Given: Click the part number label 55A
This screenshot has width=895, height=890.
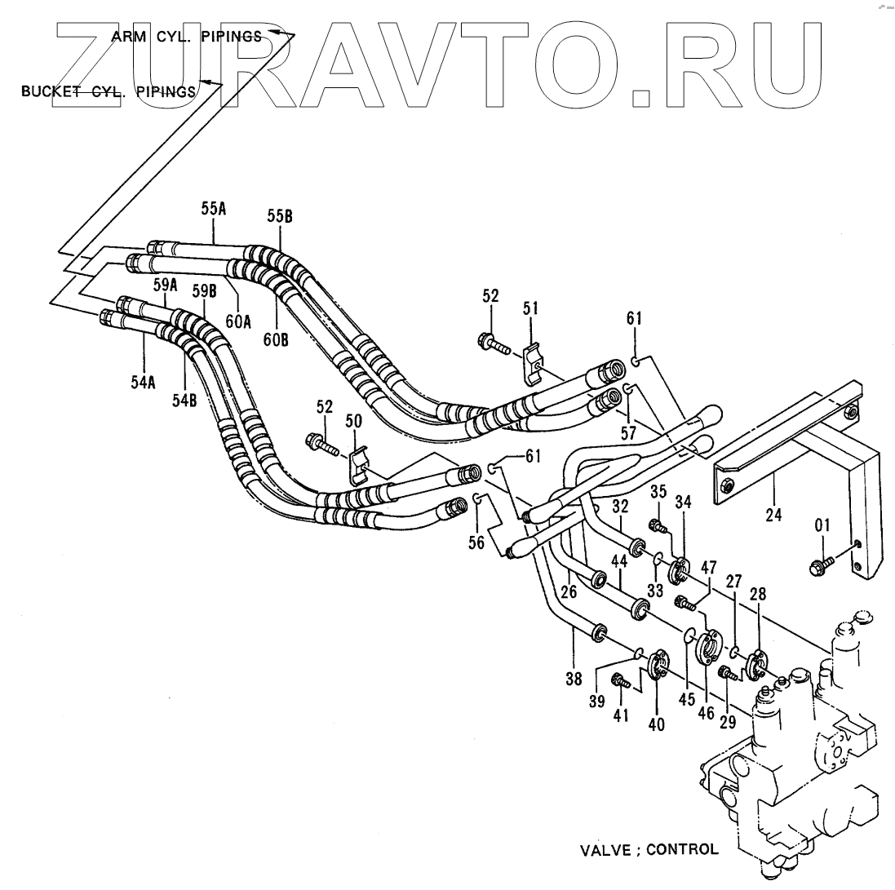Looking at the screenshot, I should (x=214, y=209).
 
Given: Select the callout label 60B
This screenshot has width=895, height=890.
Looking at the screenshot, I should (x=276, y=339).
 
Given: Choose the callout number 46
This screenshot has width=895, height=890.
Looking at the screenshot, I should (x=707, y=712).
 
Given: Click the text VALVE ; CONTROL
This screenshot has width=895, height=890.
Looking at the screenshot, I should (x=649, y=849).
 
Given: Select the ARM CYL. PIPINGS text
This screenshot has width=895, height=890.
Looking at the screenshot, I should (x=187, y=36).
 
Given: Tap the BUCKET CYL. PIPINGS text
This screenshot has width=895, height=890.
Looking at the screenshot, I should (x=109, y=91).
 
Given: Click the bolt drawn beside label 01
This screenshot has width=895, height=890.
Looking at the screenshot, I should (x=820, y=564).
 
